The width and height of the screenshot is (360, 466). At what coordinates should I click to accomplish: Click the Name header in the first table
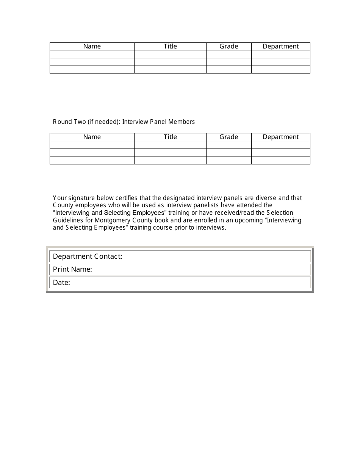(92, 46)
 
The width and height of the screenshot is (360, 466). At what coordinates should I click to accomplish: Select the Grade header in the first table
(229, 46)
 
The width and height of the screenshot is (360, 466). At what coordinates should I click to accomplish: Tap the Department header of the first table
(280, 46)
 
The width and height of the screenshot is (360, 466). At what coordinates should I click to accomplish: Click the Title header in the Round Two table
(170, 137)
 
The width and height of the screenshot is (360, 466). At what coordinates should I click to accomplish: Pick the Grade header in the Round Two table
(229, 137)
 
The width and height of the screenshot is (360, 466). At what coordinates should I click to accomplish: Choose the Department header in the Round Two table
(280, 137)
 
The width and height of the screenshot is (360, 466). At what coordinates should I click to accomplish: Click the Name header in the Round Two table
(92, 137)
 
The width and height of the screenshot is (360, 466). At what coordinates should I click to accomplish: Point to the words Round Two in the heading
(69, 122)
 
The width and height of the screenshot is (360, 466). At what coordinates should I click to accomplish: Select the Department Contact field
(216, 256)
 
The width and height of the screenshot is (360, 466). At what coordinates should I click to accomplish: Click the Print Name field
(201, 269)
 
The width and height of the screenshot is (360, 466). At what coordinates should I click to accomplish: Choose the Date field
(189, 283)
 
